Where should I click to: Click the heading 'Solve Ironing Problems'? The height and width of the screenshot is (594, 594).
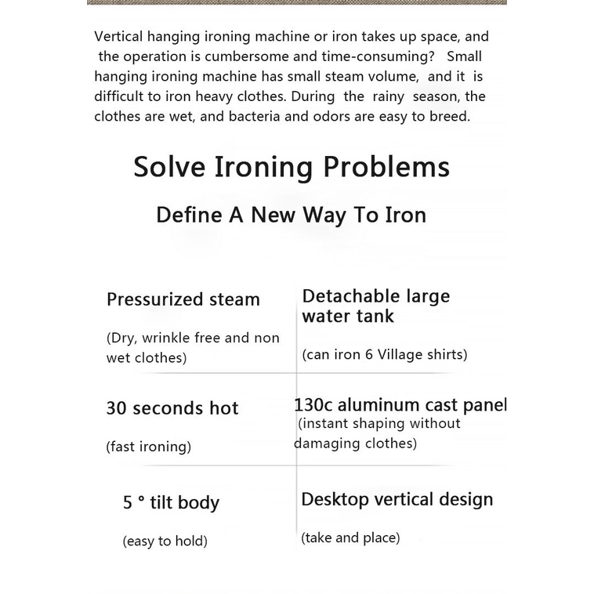(x=292, y=168)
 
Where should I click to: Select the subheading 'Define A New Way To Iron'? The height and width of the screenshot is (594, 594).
(x=291, y=215)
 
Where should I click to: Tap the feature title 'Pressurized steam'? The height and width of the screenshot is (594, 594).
(x=183, y=299)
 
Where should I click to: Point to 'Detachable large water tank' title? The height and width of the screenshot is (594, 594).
(x=376, y=306)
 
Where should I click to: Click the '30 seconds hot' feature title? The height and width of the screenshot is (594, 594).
(x=172, y=408)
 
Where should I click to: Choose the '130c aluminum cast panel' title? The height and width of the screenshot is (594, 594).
(x=400, y=405)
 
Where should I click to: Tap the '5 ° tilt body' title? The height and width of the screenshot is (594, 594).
(x=171, y=503)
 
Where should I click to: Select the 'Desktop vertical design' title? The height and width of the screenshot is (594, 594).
(x=397, y=499)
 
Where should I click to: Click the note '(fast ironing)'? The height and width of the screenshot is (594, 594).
(x=149, y=447)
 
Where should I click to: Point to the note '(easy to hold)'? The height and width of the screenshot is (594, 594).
(x=165, y=541)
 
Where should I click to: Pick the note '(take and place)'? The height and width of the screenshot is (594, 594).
(x=350, y=538)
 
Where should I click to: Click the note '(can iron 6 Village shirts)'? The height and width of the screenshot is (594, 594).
(x=384, y=354)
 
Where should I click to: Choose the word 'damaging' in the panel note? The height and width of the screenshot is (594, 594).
(x=324, y=444)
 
